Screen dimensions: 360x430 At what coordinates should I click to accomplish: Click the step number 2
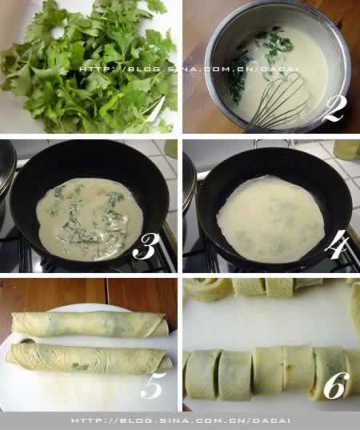coord(334,110)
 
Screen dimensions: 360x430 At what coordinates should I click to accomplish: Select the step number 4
coord(336,244)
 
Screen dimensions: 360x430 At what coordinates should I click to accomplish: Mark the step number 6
coord(336,385)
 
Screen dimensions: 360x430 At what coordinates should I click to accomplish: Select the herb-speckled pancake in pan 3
coord(91,219)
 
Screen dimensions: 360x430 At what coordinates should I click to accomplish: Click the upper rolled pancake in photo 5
coord(90,324)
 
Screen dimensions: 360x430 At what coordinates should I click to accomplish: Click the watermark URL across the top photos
coord(189,69)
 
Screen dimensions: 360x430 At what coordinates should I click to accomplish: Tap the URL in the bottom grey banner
coord(181,420)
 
